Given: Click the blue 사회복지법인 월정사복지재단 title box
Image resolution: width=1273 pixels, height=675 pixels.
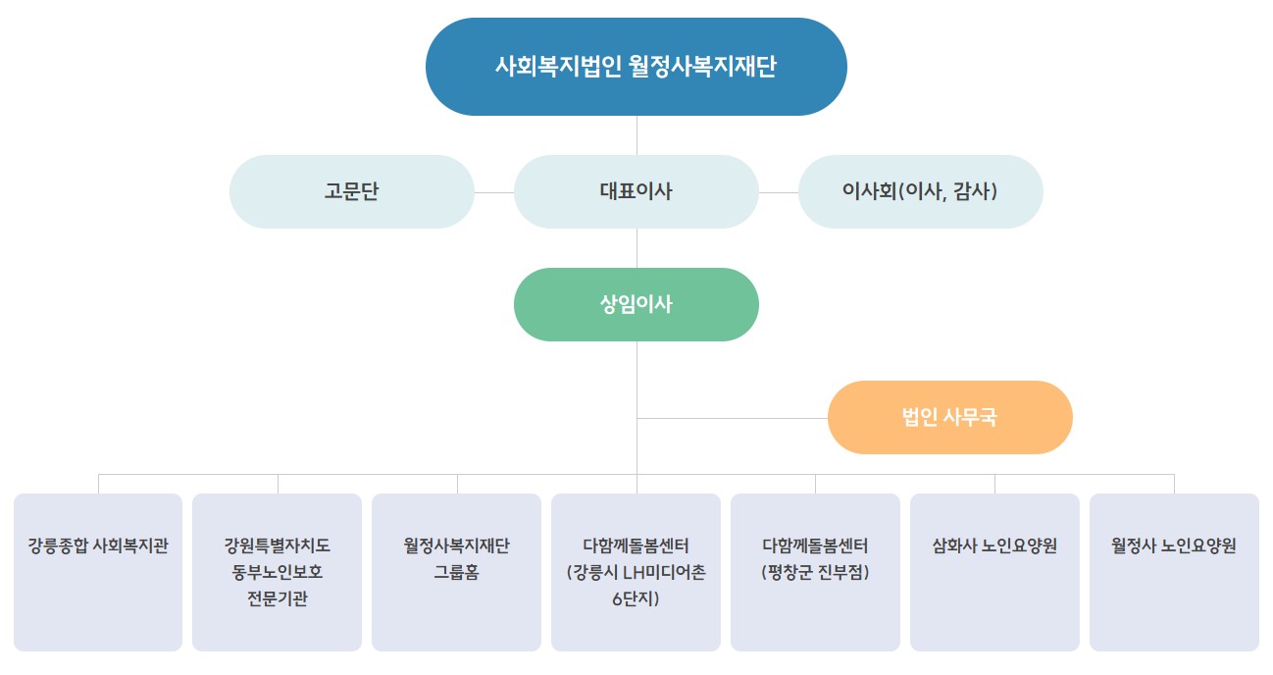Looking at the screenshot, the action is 636,67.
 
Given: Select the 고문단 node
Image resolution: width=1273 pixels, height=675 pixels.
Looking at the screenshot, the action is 352,191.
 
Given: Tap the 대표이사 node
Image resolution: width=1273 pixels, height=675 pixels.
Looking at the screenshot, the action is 636,191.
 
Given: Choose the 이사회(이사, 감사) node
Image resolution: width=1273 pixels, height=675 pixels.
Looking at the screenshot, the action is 921,191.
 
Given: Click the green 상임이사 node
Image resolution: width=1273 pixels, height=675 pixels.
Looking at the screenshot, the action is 636,304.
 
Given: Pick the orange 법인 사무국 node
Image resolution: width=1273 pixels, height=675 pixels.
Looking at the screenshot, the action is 949,417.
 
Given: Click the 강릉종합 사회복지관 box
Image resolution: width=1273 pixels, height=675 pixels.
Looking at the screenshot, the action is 98,572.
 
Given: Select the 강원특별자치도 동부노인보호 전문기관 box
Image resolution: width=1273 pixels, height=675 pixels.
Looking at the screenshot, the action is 277,572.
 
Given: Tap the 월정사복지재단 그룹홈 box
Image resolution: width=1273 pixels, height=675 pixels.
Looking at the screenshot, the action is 456,572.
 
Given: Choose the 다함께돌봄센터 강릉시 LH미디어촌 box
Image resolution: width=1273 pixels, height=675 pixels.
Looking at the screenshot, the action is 636,572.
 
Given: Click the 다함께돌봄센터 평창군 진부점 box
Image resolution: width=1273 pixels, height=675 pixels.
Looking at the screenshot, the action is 815,572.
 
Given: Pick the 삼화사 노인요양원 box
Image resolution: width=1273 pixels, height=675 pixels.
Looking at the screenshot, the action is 994,572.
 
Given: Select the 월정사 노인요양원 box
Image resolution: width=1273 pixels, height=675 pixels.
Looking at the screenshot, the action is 1174,572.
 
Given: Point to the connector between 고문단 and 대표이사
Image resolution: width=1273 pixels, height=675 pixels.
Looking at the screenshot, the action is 494,192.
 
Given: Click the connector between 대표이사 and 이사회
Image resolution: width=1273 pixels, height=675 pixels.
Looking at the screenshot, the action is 779,192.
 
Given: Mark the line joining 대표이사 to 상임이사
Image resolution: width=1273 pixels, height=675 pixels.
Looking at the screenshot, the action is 636,248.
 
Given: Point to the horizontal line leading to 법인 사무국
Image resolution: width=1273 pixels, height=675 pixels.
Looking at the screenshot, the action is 732,418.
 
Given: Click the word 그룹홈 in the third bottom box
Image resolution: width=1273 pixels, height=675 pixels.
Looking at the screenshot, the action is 456,572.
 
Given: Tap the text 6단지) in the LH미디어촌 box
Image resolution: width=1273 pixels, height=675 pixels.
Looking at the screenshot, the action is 636,598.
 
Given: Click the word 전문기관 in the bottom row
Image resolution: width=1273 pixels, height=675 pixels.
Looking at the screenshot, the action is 277,598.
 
